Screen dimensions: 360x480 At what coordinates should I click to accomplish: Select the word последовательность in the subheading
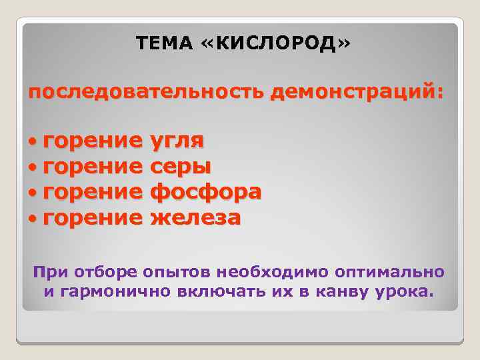click(147, 93)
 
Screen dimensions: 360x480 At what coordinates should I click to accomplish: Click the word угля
click(177, 141)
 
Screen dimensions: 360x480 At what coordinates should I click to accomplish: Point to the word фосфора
click(207, 192)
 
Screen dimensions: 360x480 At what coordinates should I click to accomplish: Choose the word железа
click(196, 217)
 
